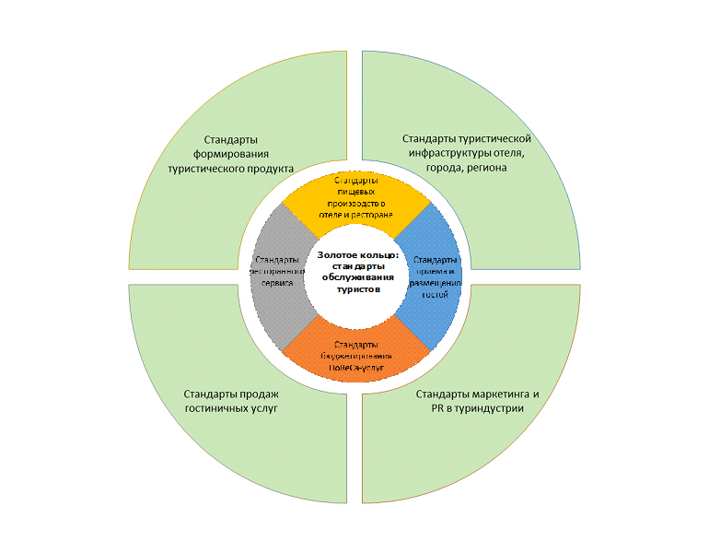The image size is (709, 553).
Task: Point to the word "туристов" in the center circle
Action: [x=355, y=288]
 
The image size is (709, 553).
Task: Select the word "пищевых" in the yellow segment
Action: [x=355, y=191]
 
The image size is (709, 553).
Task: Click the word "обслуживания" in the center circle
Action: [x=355, y=277]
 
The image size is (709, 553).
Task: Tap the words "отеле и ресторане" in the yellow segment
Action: [x=355, y=213]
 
